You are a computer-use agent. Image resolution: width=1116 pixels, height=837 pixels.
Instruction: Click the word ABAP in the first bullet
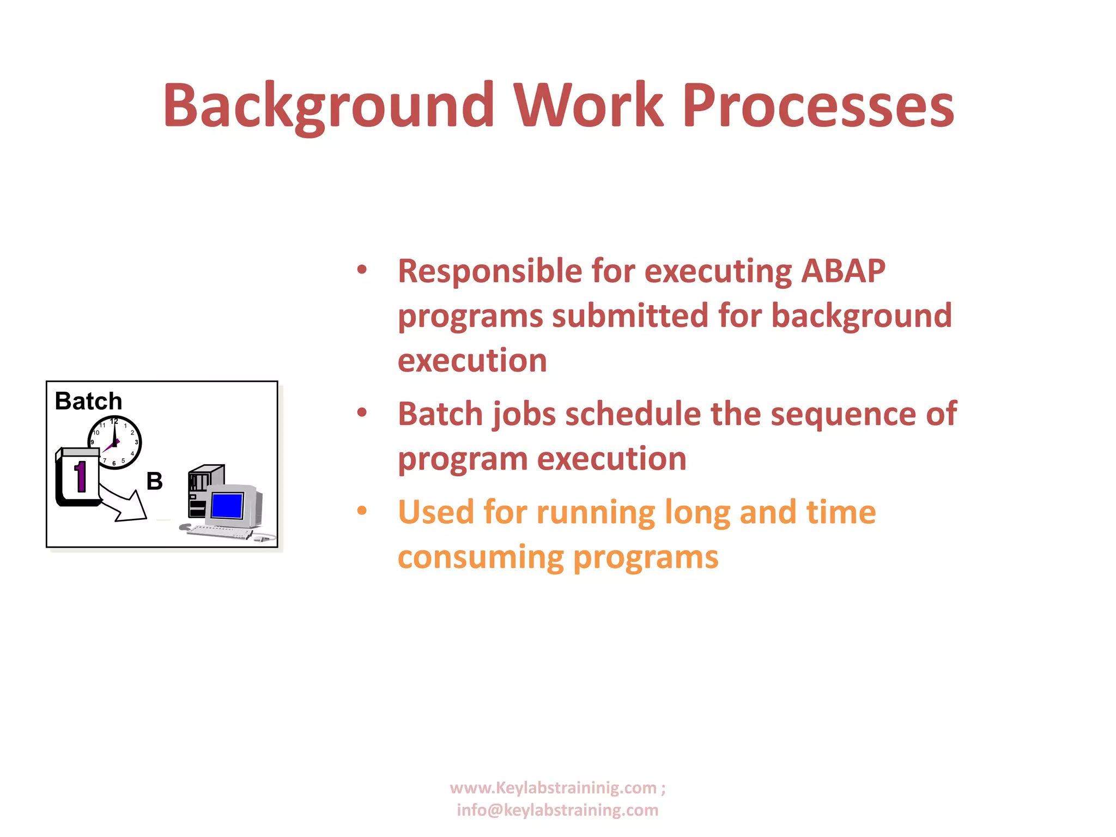tap(843, 271)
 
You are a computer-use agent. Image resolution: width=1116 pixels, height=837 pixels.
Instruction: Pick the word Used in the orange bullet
tap(436, 512)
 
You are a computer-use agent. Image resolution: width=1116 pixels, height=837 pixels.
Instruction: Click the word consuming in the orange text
tap(480, 557)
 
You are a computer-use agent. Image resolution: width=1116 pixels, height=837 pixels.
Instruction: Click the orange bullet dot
tap(362, 511)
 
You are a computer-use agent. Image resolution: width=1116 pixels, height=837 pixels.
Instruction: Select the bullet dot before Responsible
tap(362, 270)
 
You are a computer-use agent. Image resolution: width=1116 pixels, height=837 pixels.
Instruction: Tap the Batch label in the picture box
tap(88, 402)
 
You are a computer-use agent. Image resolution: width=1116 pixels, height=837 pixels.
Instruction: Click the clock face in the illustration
tap(115, 442)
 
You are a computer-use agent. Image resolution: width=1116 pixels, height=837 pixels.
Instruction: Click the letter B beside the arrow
tap(154, 481)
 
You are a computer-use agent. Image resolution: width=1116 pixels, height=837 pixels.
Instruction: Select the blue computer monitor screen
tap(227, 506)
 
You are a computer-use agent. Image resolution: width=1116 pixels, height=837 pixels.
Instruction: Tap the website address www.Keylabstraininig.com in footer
tap(553, 788)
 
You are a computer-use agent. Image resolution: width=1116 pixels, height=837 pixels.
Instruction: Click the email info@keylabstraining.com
tap(557, 810)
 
